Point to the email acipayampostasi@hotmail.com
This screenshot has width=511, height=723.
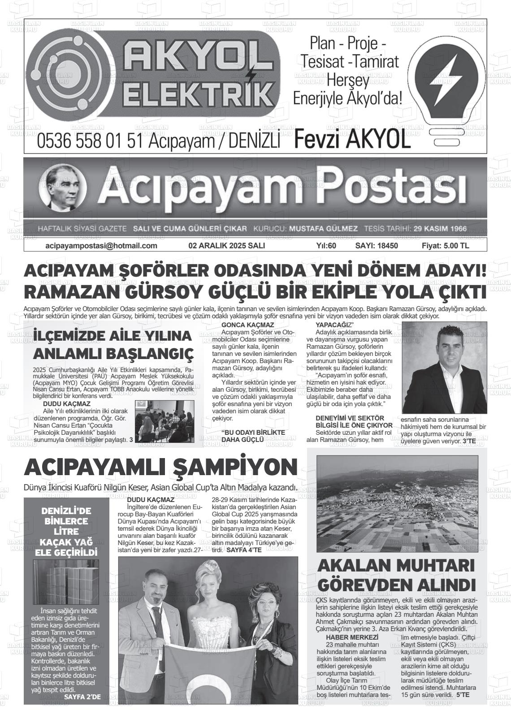(101, 246)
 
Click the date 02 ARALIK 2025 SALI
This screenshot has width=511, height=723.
(226, 246)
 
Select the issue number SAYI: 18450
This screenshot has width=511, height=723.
(377, 246)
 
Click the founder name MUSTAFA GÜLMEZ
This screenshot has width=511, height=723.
(323, 229)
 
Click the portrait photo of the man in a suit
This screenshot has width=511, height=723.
(444, 367)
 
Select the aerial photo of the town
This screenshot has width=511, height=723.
(396, 503)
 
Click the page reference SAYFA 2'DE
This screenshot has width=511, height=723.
(82, 697)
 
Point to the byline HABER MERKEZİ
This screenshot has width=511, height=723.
(352, 637)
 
